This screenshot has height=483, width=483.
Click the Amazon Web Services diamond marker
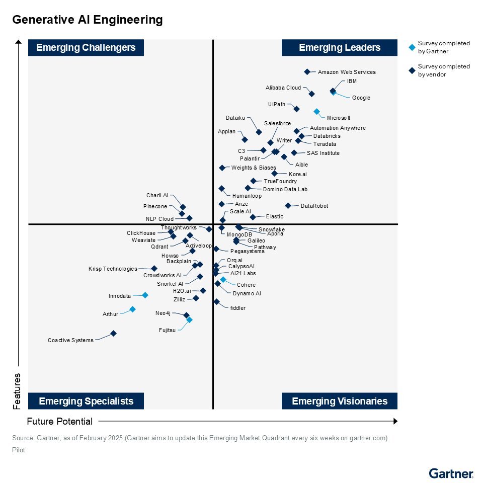coord(307,72)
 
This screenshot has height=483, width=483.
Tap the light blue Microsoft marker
coord(316,111)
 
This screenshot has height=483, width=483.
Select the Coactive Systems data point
coord(113,333)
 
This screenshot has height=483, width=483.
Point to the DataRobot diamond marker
coord(288,205)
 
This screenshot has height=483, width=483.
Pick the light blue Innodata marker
coord(145,295)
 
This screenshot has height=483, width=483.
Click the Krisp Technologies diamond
coord(154,269)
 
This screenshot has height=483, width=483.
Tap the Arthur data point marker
coord(132,309)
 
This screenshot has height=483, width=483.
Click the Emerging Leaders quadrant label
coord(340,48)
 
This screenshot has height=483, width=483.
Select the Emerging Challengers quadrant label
coord(86,48)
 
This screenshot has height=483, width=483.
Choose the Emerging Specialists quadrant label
coord(86,401)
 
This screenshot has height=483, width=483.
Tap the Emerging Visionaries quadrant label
coord(340,401)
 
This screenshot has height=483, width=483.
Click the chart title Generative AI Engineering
coord(88,20)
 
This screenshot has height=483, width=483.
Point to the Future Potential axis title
coord(60,422)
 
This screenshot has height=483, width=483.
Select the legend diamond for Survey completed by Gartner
coord(412,47)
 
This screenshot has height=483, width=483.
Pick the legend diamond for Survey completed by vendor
coord(412,70)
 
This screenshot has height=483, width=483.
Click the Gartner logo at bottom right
coord(451,473)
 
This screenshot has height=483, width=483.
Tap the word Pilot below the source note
coord(19,450)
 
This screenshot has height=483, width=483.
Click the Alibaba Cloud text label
coord(283,88)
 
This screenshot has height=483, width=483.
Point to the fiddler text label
coord(237,308)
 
